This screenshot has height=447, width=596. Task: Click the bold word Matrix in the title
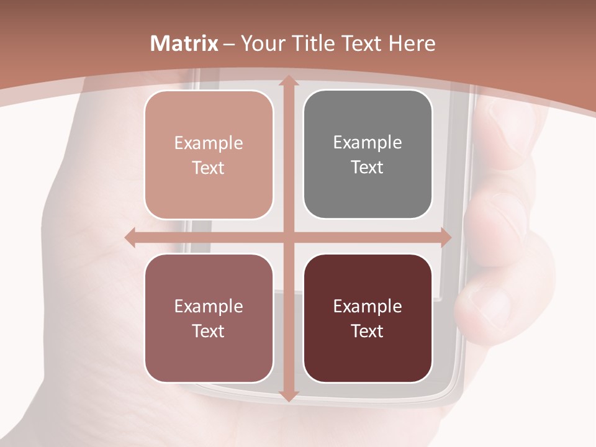coord(185,43)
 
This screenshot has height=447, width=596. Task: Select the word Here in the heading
coord(412,43)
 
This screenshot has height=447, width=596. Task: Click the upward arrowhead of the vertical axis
coord(288,81)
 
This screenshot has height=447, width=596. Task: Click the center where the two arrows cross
coord(288,238)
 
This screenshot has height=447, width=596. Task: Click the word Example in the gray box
coord(368,142)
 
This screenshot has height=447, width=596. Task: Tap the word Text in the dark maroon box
coord(368,331)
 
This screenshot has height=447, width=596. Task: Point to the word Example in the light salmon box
coord(209,143)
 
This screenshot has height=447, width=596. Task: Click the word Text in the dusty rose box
coord(209,331)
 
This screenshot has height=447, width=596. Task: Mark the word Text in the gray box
coord(368,167)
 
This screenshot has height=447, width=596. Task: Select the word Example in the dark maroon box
coord(368,306)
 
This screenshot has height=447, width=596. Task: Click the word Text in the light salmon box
coord(209,168)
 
